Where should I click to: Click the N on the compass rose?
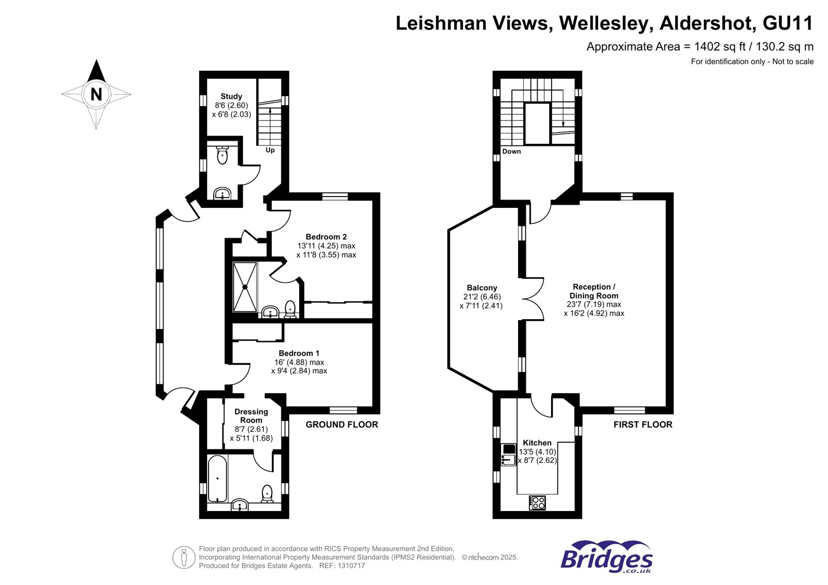coord(96,94)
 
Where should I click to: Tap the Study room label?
coord(231,96)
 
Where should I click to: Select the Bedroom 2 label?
coord(326,236)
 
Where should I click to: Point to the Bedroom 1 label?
coord(299,353)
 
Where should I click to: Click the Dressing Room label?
coord(251,416)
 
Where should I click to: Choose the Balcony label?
coord(482,288)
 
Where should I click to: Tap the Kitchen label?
coord(537,443)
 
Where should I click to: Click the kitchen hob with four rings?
coord(537,503)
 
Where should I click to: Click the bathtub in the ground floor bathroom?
coord(217,478)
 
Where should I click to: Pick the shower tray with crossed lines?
coord(245,287)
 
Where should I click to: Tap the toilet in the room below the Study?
coord(222,155)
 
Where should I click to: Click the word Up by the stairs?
coord(270,150)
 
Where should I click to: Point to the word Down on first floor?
coord(512,151)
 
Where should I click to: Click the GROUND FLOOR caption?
coord(342,424)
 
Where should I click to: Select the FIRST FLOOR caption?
coord(643,424)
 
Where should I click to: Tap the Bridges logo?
coord(606,557)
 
